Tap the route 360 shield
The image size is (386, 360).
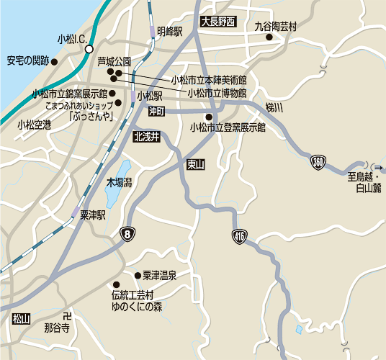[x=318, y=163]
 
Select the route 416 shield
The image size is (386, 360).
[x=239, y=235]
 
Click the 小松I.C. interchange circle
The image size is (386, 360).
[x=89, y=50]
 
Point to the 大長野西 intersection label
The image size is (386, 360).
[x=218, y=22]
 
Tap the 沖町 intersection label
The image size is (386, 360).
[x=157, y=111]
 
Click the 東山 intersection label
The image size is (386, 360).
[x=195, y=165]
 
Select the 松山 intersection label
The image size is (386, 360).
[x=21, y=318]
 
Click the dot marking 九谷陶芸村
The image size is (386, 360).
[x=269, y=39]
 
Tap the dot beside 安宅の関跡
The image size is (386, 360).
[x=54, y=61]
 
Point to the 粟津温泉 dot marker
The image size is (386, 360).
[x=137, y=275]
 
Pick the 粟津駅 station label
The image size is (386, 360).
[x=93, y=215]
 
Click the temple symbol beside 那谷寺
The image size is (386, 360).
[x=67, y=316]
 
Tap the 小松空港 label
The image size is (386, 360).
[x=35, y=125]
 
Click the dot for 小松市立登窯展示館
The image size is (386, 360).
[x=208, y=117]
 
